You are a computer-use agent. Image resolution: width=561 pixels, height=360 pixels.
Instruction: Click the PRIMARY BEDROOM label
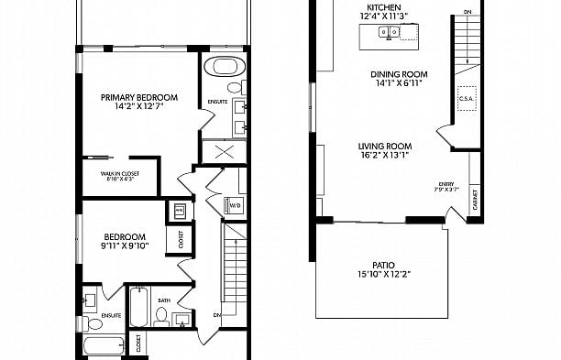click(x=139, y=97)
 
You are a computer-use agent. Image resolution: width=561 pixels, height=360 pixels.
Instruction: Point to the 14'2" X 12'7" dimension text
click(x=139, y=107)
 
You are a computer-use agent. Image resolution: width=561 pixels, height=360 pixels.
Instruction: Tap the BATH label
click(x=163, y=300)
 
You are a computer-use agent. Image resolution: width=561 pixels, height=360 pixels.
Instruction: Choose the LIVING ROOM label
click(x=384, y=146)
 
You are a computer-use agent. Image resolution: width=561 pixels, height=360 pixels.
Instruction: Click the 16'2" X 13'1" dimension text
click(x=384, y=156)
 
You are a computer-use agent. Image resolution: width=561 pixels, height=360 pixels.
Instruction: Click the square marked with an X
click(x=221, y=152)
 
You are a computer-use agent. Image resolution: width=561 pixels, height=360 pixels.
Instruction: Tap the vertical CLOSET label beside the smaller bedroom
click(x=181, y=239)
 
